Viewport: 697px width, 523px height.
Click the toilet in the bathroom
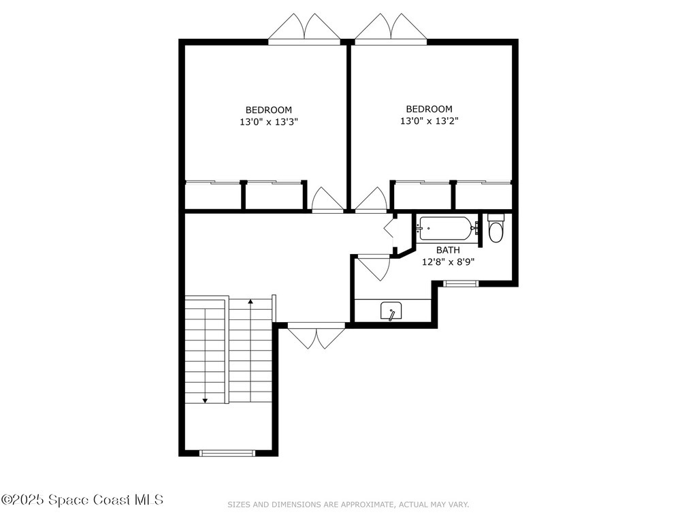point(496,229)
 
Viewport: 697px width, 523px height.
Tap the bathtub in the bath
point(445,229)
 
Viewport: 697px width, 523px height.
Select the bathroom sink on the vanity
point(391,311)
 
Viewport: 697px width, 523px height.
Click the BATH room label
point(448,250)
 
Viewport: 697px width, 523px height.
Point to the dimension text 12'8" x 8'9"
point(448,261)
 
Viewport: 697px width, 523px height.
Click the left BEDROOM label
point(269,110)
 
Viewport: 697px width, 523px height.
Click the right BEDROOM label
point(429,109)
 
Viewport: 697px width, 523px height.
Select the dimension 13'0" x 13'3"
point(269,122)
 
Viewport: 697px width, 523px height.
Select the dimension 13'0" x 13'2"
point(429,121)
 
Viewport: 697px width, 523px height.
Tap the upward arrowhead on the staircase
point(250,301)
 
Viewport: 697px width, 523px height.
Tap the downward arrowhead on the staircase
point(206,400)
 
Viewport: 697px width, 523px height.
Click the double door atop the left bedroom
point(304,28)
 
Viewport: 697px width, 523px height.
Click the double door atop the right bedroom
point(391,28)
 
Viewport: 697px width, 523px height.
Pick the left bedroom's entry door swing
point(327,200)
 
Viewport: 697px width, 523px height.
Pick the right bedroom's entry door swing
point(372,200)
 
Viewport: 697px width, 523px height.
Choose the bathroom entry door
point(374,267)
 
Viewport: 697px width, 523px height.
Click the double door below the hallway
point(316,336)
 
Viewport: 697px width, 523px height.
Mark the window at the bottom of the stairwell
point(227,452)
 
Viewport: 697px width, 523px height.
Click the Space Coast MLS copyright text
point(82,500)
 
